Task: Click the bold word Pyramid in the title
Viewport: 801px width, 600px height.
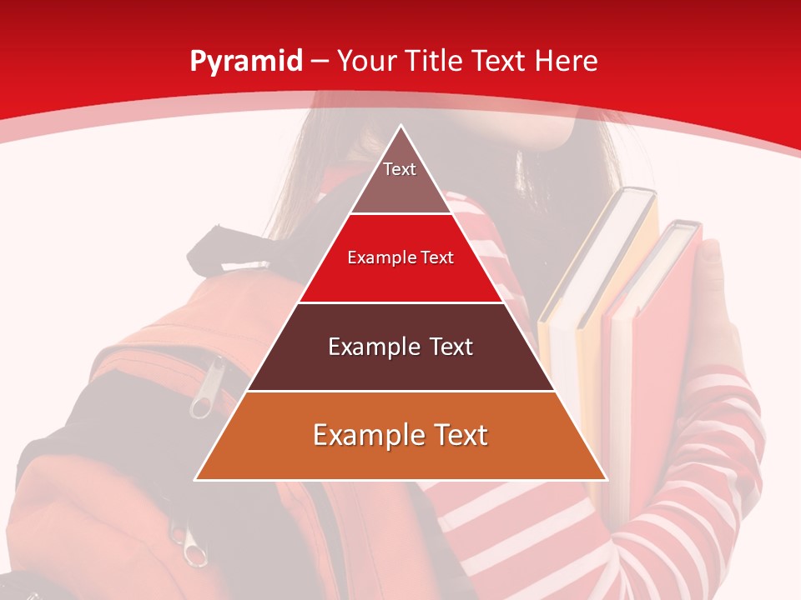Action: pyautogui.click(x=245, y=62)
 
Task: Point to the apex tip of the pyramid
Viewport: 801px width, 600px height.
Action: pyautogui.click(x=401, y=127)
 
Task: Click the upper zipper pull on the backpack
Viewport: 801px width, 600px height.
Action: pyautogui.click(x=203, y=401)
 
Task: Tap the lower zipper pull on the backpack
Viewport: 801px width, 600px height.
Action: pyautogui.click(x=193, y=551)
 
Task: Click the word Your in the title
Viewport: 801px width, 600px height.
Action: pyautogui.click(x=365, y=62)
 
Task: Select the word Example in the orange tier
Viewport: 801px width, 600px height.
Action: pyautogui.click(x=362, y=435)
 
